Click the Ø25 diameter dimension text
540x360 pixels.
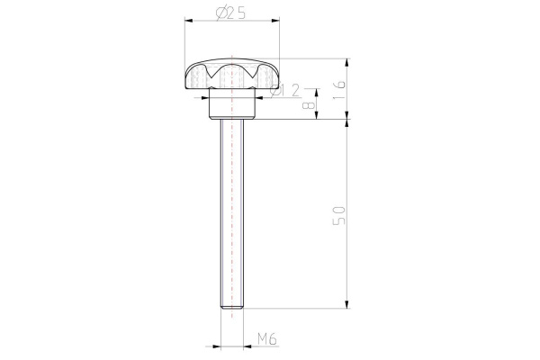tap(231, 12)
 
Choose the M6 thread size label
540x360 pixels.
tap(265, 338)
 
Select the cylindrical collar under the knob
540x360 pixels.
tap(231, 107)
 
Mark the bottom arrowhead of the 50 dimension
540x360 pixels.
tap(347, 306)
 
